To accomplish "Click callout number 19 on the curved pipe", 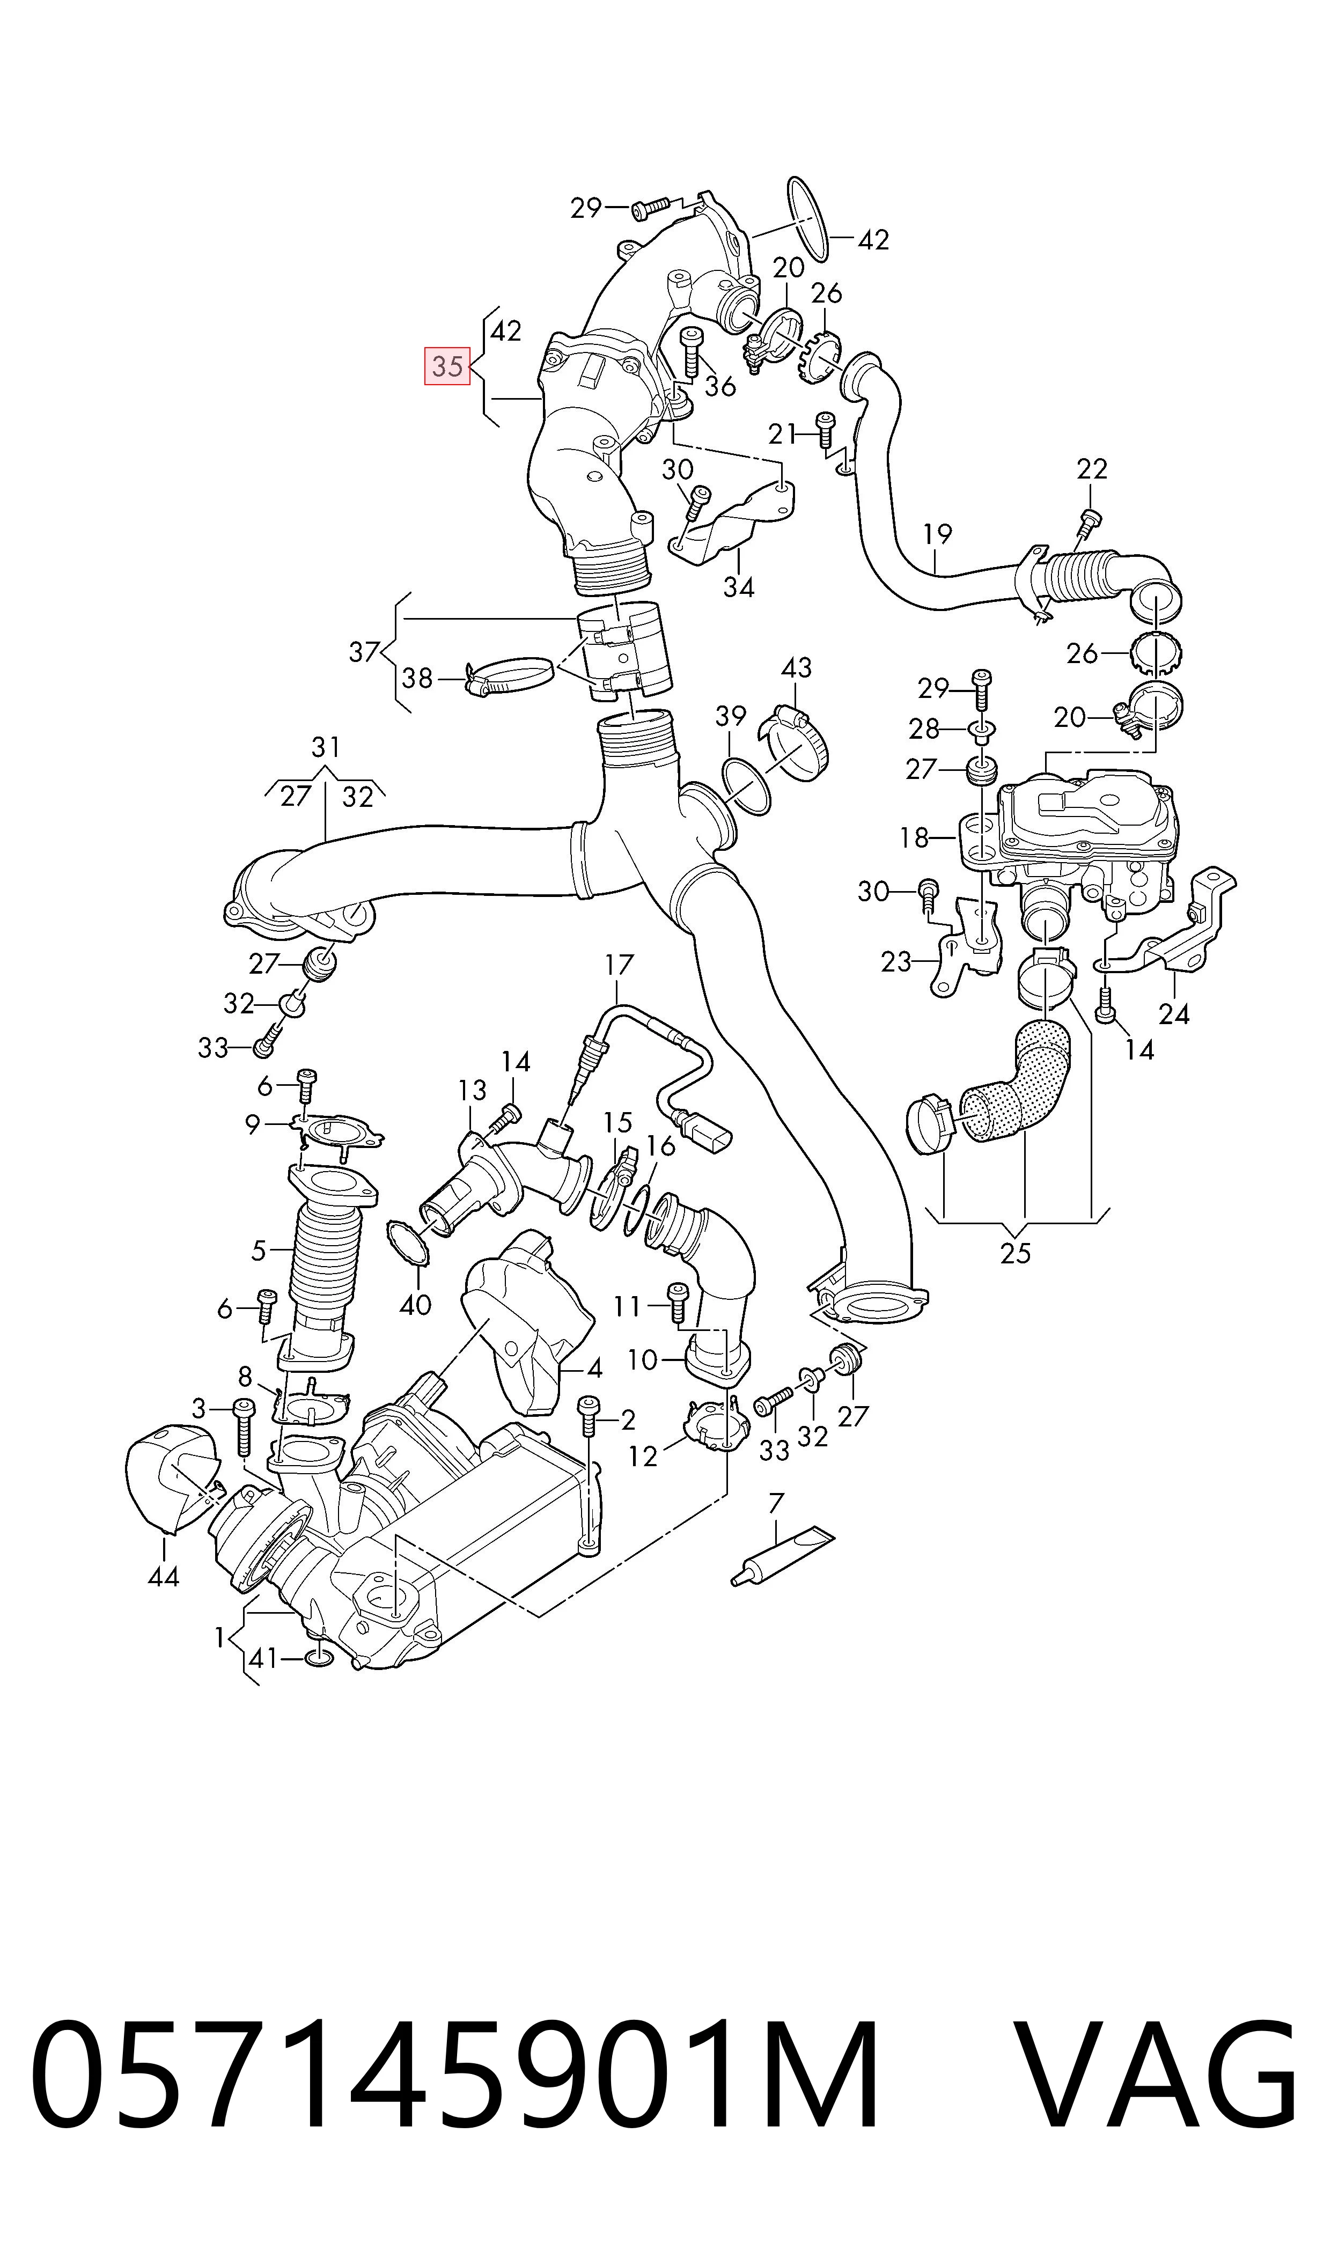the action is coord(937,534).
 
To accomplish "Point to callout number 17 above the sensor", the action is coord(619,965).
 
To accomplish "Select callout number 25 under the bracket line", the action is coord(1016,1253).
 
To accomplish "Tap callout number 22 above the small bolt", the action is coord(1092,468).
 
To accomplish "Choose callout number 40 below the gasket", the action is coord(415,1304).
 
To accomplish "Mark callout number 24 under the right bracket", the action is coord(1174,1014).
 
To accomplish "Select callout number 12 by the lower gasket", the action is coord(643,1457).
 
